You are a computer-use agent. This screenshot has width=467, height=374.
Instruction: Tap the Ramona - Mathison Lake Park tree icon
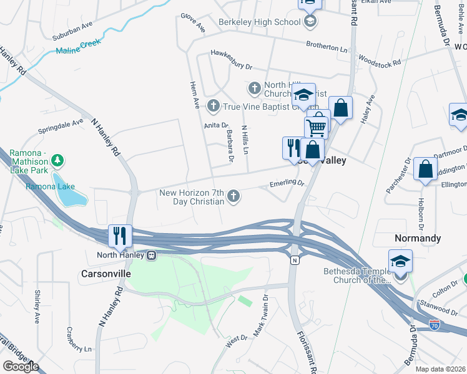pyautogui.click(x=57, y=161)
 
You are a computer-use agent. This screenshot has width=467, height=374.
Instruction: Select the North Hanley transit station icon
pyautogui.click(x=151, y=255)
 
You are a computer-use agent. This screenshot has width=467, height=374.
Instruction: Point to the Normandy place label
pyautogui.click(x=418, y=239)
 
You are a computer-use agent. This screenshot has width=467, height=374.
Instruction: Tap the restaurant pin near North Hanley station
pyautogui.click(x=120, y=236)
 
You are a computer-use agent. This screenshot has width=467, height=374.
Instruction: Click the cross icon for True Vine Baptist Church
pyautogui.click(x=213, y=105)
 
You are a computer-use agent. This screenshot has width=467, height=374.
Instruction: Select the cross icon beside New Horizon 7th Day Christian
pyautogui.click(x=234, y=197)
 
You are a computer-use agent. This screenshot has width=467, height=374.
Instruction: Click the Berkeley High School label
pyautogui.click(x=259, y=22)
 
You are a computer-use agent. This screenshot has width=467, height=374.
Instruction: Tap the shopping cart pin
pyautogui.click(x=317, y=127)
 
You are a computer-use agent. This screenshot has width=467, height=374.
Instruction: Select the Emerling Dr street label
pyautogui.click(x=286, y=184)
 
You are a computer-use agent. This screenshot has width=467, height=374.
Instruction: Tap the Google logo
pyautogui.click(x=21, y=366)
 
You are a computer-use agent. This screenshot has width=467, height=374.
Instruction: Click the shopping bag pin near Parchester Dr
pyautogui.click(x=425, y=169)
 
